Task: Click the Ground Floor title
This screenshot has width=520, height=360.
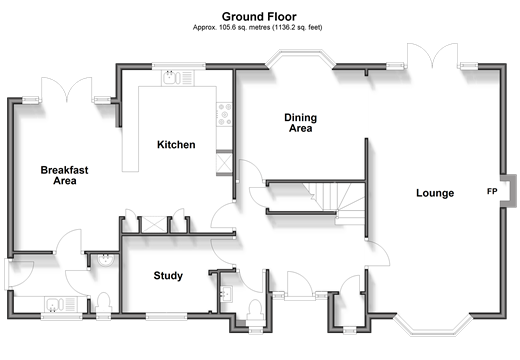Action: [x=259, y=17]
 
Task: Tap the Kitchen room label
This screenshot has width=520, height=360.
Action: [x=176, y=145]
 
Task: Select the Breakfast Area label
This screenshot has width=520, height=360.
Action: [x=65, y=175]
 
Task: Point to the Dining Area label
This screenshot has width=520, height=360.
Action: [x=300, y=123]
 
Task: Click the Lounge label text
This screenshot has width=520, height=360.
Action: [x=435, y=193]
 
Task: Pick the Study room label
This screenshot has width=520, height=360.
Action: [x=168, y=276]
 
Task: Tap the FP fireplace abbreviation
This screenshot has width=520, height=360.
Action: [x=492, y=191]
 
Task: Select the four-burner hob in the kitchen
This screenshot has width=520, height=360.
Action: [x=224, y=114]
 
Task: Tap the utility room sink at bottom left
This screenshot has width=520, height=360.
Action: [x=61, y=304]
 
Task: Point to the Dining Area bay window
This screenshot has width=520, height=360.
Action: [x=300, y=57]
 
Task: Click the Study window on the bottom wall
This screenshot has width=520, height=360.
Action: [x=166, y=316]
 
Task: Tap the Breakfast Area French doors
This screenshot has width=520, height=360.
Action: [x=67, y=89]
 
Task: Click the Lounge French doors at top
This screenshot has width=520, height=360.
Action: [x=432, y=55]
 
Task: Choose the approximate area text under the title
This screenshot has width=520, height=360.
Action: [x=258, y=28]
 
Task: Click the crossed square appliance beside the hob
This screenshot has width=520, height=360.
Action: [x=224, y=162]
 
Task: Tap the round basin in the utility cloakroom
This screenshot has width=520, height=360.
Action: [x=107, y=260]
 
